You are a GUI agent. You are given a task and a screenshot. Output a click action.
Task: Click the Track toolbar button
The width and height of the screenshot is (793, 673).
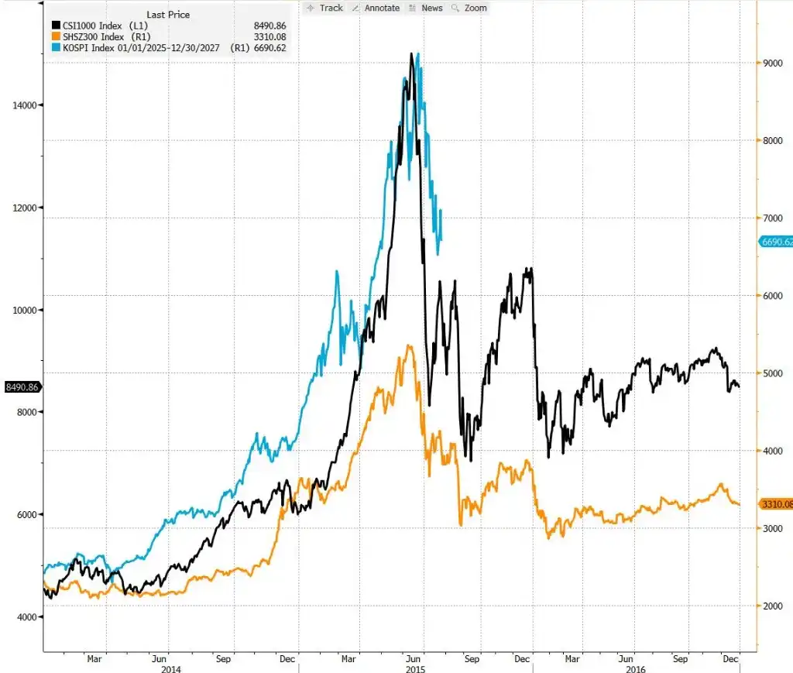click(324, 8)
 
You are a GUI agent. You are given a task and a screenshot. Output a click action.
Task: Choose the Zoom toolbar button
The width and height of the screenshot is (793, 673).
click(469, 8)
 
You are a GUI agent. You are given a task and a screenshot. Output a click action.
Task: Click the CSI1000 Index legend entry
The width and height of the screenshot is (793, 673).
click(100, 26)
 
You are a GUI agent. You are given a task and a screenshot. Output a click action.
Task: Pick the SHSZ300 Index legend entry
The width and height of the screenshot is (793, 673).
click(101, 37)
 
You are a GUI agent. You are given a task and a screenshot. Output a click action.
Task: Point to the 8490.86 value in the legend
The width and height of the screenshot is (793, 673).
click(269, 26)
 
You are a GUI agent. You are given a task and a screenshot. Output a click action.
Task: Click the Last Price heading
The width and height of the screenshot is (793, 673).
click(168, 15)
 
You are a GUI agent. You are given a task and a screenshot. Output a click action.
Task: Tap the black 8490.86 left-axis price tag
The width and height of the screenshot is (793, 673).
click(22, 387)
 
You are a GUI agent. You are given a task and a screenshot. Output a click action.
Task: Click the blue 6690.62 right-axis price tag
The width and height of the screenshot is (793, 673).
click(776, 242)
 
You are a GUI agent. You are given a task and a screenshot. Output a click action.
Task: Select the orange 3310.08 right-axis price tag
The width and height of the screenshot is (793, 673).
click(776, 504)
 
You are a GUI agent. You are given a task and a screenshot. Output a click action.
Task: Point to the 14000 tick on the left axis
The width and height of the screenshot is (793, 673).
click(25, 105)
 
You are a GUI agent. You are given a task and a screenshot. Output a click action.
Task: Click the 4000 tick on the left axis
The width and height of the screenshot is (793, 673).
click(27, 617)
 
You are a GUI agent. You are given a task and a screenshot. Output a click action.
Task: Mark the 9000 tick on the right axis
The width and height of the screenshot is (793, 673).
click(773, 64)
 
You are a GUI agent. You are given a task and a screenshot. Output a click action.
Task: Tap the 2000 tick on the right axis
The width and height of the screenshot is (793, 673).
click(773, 606)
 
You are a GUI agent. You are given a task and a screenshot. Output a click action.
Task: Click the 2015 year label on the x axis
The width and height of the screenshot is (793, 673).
click(416, 669)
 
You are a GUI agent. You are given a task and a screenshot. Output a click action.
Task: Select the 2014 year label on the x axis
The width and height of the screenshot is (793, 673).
click(171, 669)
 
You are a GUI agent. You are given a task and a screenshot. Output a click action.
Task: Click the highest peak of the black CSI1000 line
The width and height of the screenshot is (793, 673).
click(411, 53)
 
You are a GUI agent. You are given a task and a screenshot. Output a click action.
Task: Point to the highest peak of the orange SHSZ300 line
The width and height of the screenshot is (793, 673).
click(409, 346)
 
